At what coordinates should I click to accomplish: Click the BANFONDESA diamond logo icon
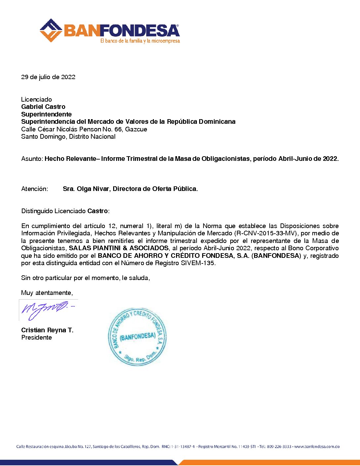click(51, 30)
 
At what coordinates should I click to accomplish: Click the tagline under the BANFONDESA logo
click(140, 41)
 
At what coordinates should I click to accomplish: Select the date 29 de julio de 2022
click(48, 77)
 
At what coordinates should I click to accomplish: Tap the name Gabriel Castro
click(43, 107)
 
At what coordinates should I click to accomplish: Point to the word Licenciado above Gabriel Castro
click(36, 99)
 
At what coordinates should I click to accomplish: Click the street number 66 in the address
click(118, 129)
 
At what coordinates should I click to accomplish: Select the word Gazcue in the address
click(136, 129)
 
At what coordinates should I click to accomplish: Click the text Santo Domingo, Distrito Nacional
click(68, 137)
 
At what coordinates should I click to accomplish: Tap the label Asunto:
click(32, 159)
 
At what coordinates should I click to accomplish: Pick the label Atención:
click(34, 189)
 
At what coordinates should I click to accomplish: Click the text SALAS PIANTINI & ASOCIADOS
click(118, 248)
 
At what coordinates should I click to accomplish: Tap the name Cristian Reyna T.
click(47, 330)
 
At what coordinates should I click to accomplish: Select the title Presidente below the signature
click(36, 338)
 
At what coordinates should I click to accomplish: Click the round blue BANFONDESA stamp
click(137, 337)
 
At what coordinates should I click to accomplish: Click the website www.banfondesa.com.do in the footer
click(317, 446)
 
